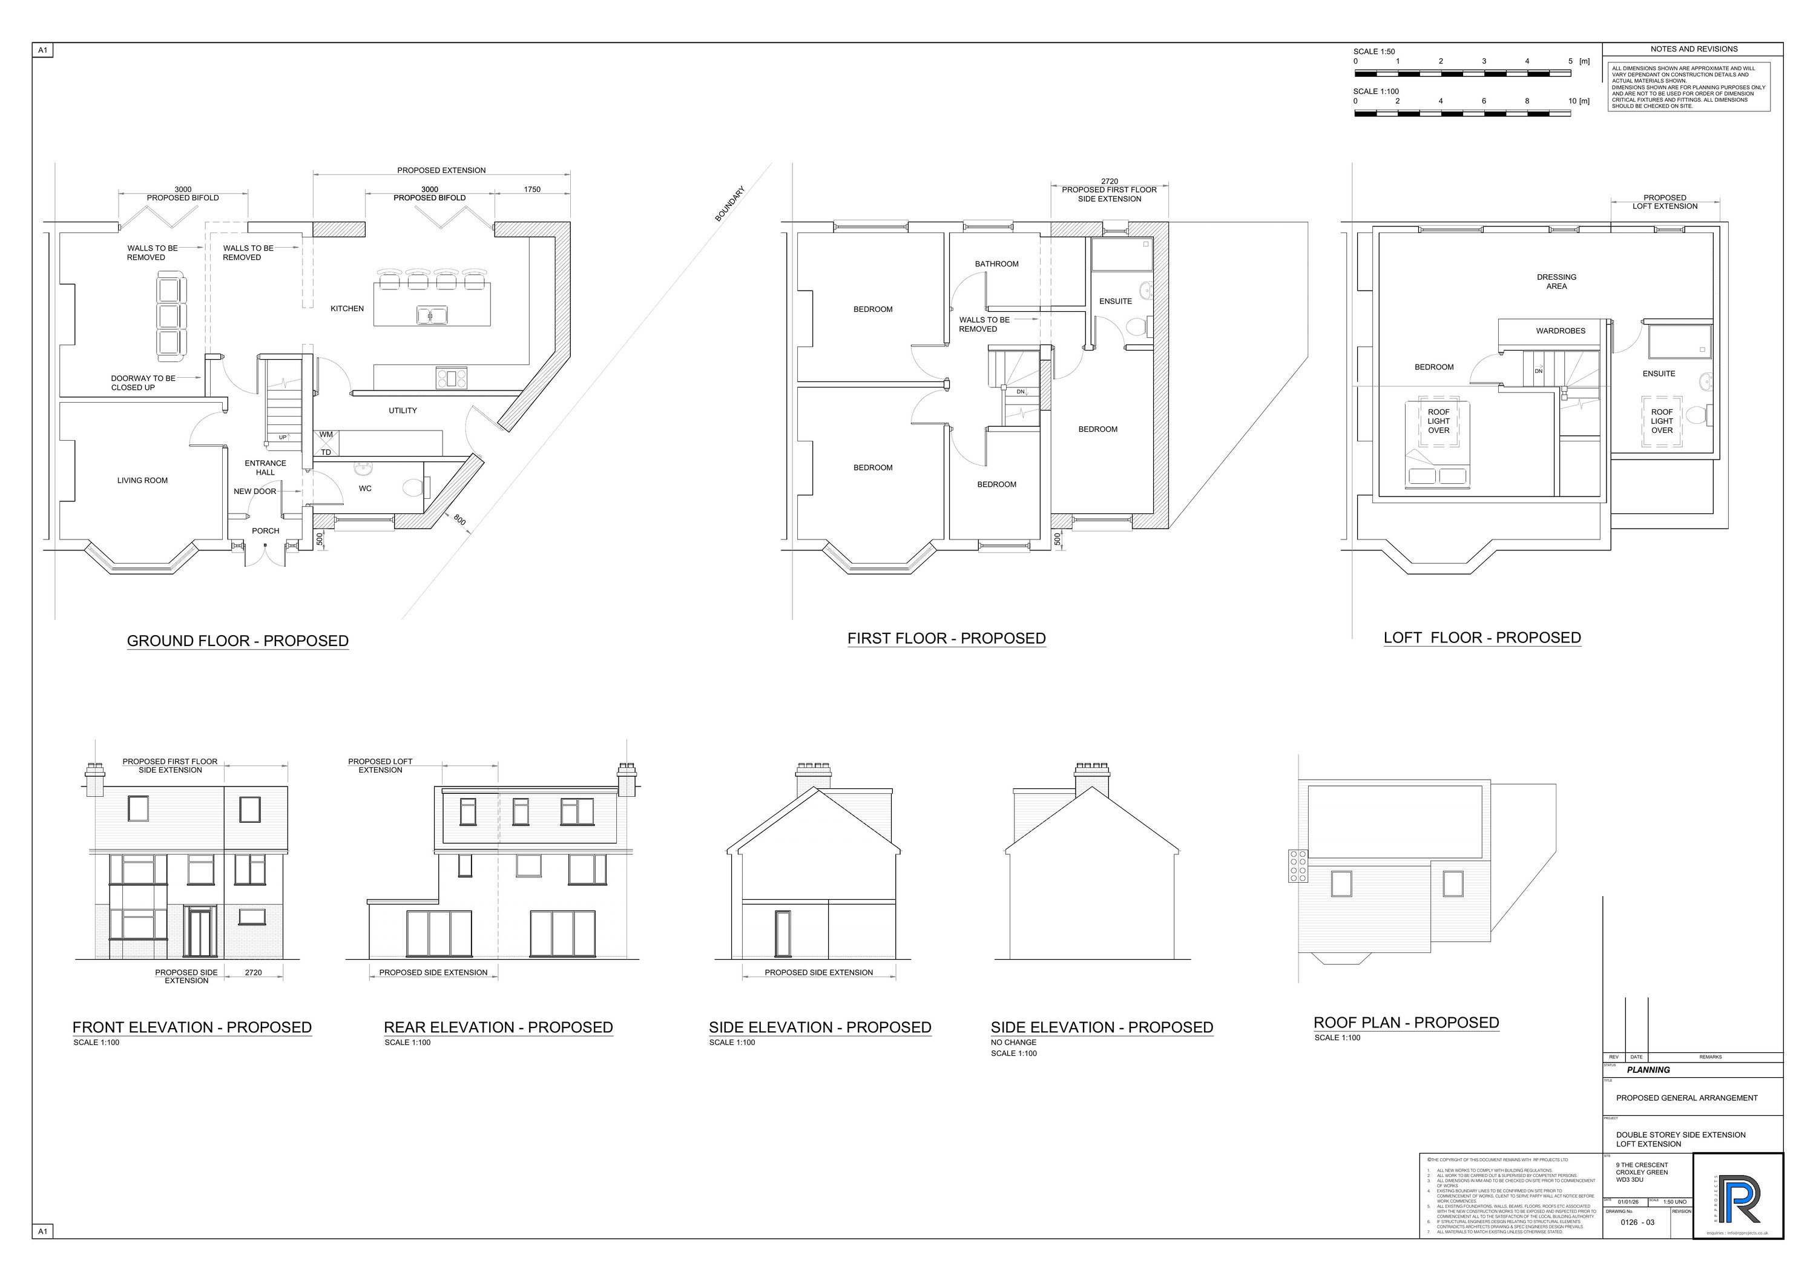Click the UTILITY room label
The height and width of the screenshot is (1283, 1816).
tap(403, 411)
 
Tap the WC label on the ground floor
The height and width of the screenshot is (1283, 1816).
tap(366, 489)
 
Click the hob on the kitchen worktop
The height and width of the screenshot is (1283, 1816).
tap(452, 378)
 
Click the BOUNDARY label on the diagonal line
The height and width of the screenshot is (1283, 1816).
tap(729, 204)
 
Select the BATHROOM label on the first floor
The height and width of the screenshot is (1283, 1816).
tap(996, 264)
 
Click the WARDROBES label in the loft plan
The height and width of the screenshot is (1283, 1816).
tap(1561, 331)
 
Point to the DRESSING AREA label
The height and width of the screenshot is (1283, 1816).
tap(1556, 282)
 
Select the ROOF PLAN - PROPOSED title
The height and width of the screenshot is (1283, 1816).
tap(1406, 1023)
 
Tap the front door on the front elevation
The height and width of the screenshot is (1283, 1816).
tap(199, 934)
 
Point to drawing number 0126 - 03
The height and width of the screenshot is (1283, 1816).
tap(1637, 1222)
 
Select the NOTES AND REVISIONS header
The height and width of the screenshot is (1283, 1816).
tap(1693, 49)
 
